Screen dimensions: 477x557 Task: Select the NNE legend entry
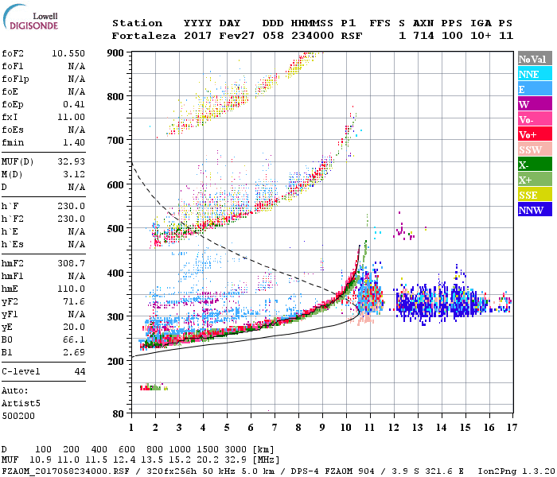click(x=529, y=74)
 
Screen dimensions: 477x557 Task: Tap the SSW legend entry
click(x=530, y=149)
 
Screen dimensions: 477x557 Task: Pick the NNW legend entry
click(x=531, y=210)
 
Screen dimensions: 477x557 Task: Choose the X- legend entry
click(x=524, y=165)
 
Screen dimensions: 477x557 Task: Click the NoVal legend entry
click(x=532, y=59)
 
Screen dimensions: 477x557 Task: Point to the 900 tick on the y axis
click(x=116, y=53)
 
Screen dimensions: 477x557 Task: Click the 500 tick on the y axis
click(x=116, y=229)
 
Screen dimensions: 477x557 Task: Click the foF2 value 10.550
click(x=69, y=53)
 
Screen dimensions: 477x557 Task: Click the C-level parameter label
click(x=22, y=371)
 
